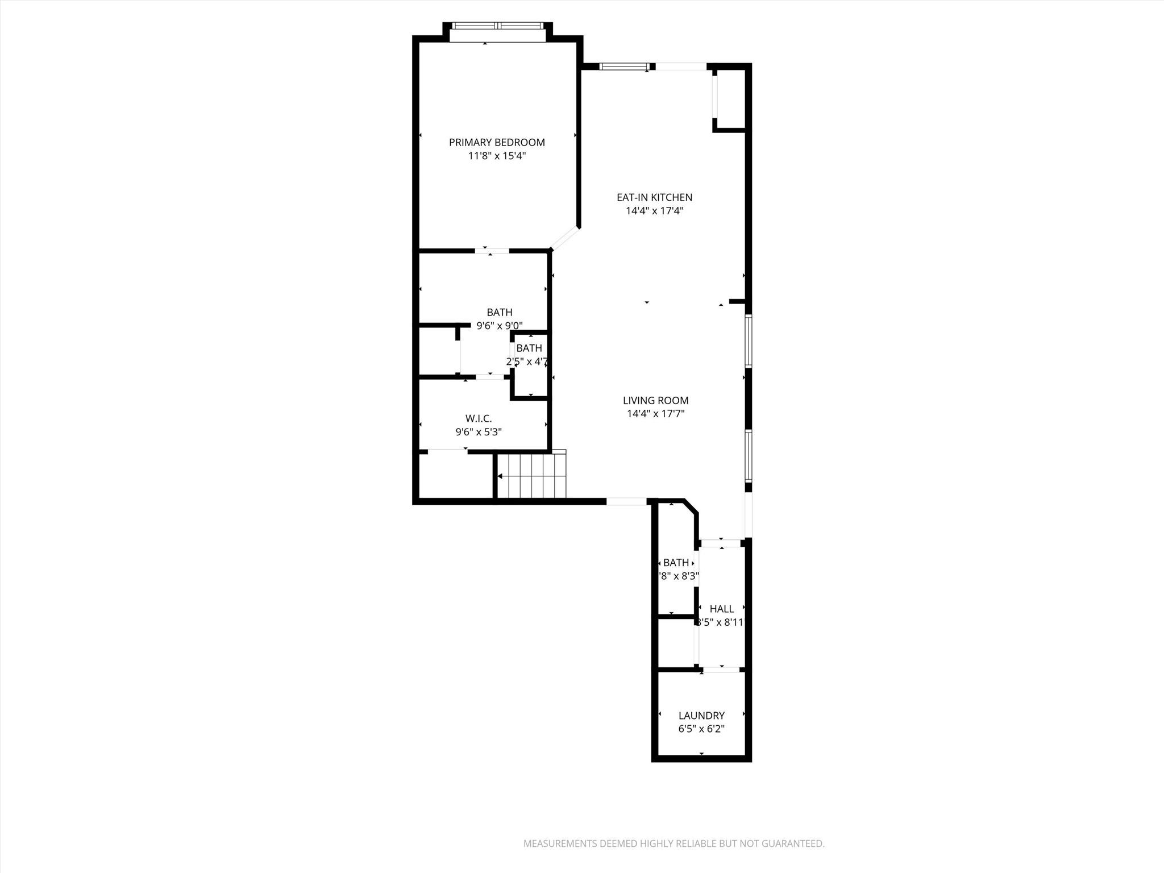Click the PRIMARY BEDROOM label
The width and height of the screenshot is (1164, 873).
(x=497, y=143)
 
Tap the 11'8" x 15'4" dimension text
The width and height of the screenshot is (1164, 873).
(x=497, y=156)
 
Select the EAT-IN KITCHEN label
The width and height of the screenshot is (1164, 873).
(x=654, y=198)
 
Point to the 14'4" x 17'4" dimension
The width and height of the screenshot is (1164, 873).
(x=654, y=211)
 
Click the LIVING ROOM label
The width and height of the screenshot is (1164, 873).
(x=655, y=401)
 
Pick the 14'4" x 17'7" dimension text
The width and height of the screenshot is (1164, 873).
(x=655, y=414)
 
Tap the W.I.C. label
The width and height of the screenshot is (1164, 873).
(x=478, y=419)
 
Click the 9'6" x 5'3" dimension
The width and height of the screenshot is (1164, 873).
(x=478, y=432)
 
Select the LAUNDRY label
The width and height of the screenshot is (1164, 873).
(x=701, y=716)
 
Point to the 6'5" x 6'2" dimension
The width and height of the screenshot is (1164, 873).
(x=701, y=729)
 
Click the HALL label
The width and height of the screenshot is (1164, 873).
(x=721, y=609)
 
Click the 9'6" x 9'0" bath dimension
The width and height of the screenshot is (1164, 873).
(x=499, y=326)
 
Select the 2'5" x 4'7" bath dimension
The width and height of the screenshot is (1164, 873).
(x=527, y=361)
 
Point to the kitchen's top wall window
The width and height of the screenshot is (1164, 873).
(x=624, y=67)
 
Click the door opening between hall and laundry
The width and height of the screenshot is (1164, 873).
(x=722, y=670)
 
